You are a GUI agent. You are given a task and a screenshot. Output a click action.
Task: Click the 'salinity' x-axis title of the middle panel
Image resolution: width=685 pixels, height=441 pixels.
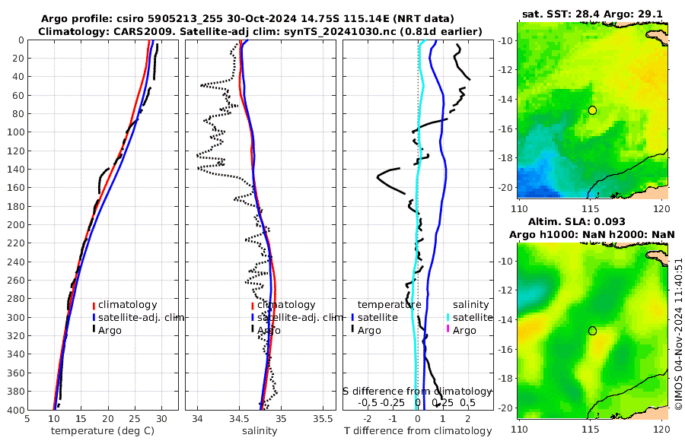point(259,430)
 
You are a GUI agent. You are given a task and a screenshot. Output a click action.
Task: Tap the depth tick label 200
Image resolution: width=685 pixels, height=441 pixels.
point(14,225)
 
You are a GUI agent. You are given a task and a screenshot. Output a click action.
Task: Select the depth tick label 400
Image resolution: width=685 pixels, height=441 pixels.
point(14,411)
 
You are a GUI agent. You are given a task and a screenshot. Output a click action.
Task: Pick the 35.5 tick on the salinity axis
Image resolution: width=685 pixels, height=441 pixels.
point(323,417)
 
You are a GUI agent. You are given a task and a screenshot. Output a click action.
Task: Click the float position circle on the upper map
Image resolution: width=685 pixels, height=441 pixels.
point(592,110)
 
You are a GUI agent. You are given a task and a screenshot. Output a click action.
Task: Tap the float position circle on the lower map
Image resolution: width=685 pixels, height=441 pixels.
point(592,331)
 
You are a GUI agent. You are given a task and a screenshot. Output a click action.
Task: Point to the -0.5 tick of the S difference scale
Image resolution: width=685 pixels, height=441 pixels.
point(368,402)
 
